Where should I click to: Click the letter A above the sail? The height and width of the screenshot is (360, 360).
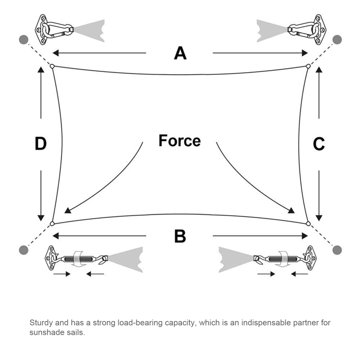coord(180,53)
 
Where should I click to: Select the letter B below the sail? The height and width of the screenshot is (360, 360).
coord(180,236)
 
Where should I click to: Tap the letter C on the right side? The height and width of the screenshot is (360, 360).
coord(319,144)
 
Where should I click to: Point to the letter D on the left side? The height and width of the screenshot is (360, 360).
coord(41,144)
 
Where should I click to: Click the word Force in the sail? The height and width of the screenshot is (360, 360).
coord(180,140)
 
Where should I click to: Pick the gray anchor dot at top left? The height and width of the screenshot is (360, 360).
coord(23,39)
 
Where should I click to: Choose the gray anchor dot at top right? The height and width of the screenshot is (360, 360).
coord(337,39)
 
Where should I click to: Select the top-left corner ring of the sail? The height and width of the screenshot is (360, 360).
coord(52,67)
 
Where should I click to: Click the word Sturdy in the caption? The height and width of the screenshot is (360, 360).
coord(40,323)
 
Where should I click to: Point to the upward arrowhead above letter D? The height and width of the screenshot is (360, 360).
coord(41,70)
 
